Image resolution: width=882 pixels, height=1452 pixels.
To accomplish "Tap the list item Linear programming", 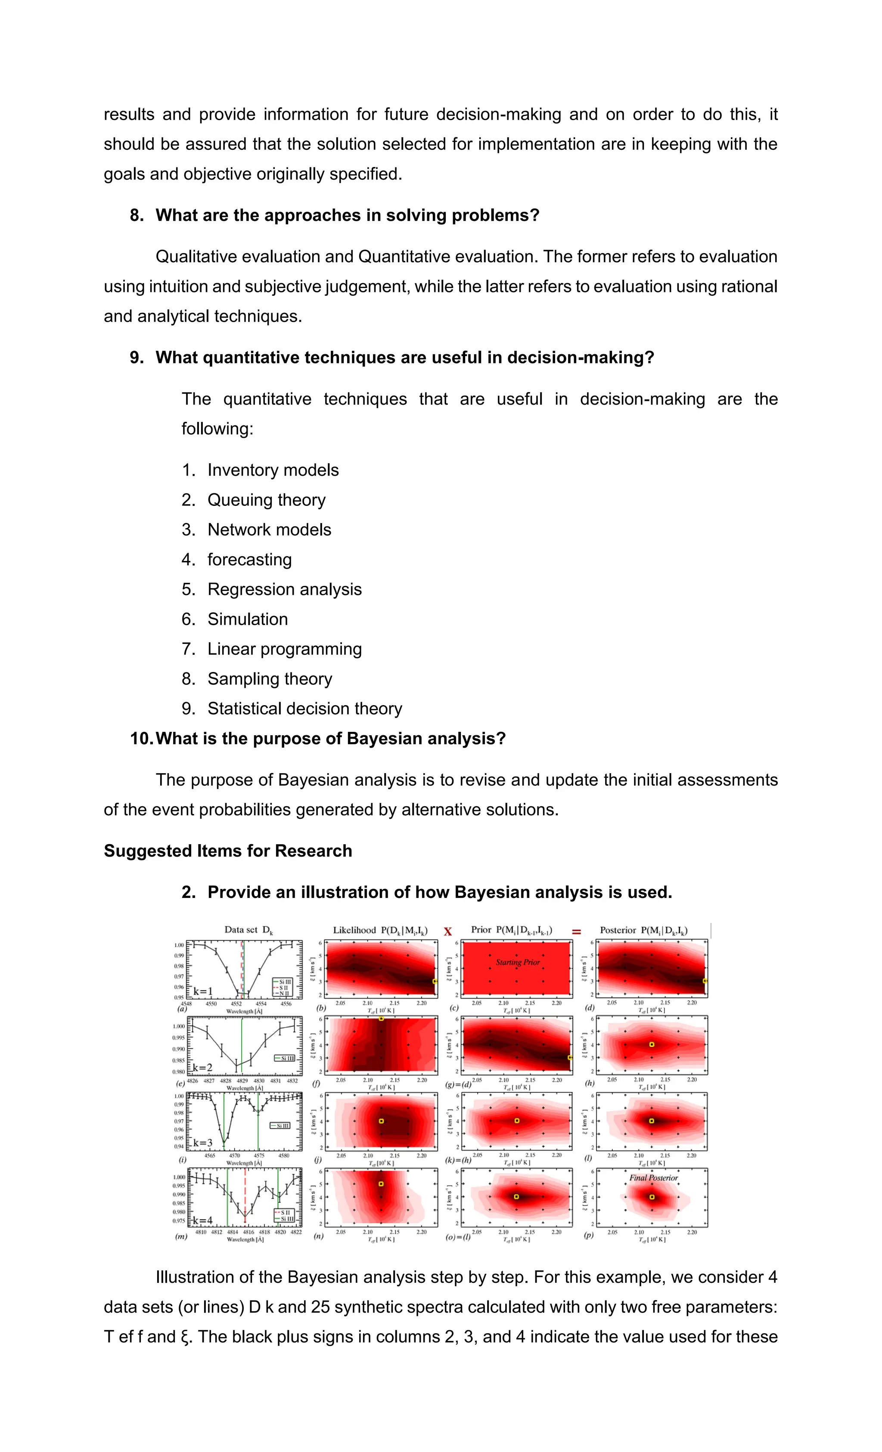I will click(x=284, y=649).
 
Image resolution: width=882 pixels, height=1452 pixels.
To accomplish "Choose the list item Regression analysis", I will click(x=284, y=589).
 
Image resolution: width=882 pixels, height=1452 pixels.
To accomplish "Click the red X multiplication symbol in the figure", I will click(x=447, y=932).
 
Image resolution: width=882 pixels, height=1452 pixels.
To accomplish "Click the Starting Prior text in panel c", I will click(x=517, y=962).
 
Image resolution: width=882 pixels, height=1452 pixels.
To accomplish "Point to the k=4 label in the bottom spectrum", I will click(x=202, y=1220).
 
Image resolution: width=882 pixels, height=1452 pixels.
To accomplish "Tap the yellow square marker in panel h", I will click(x=652, y=1044).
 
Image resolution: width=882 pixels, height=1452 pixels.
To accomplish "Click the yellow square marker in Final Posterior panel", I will click(x=652, y=1197).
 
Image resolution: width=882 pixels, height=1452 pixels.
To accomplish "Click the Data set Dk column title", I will click(x=248, y=930).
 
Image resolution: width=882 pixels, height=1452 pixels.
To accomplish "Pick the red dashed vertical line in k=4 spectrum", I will click(x=245, y=1196).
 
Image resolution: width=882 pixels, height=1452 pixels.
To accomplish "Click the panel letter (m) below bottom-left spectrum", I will click(x=181, y=1236).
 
